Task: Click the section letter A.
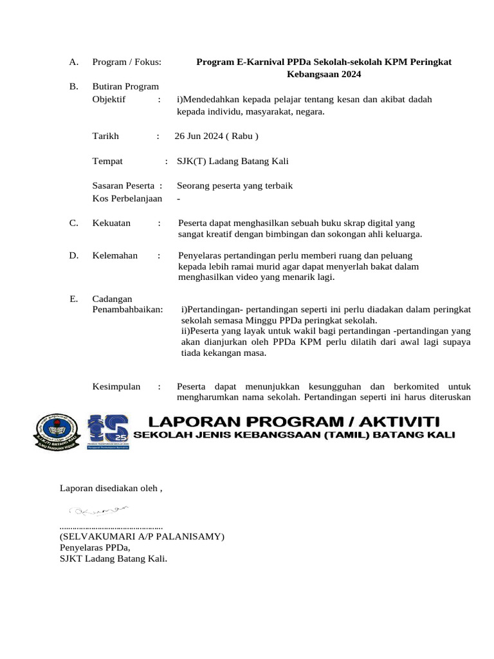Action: (73, 62)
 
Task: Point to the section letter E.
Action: (73, 299)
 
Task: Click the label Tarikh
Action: (106, 136)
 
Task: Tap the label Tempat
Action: (107, 161)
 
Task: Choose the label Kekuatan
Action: (111, 223)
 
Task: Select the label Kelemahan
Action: (115, 255)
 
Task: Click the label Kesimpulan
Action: (116, 387)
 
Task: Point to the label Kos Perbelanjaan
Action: (127, 198)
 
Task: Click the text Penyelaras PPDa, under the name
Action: (95, 548)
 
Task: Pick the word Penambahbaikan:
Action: (127, 310)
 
